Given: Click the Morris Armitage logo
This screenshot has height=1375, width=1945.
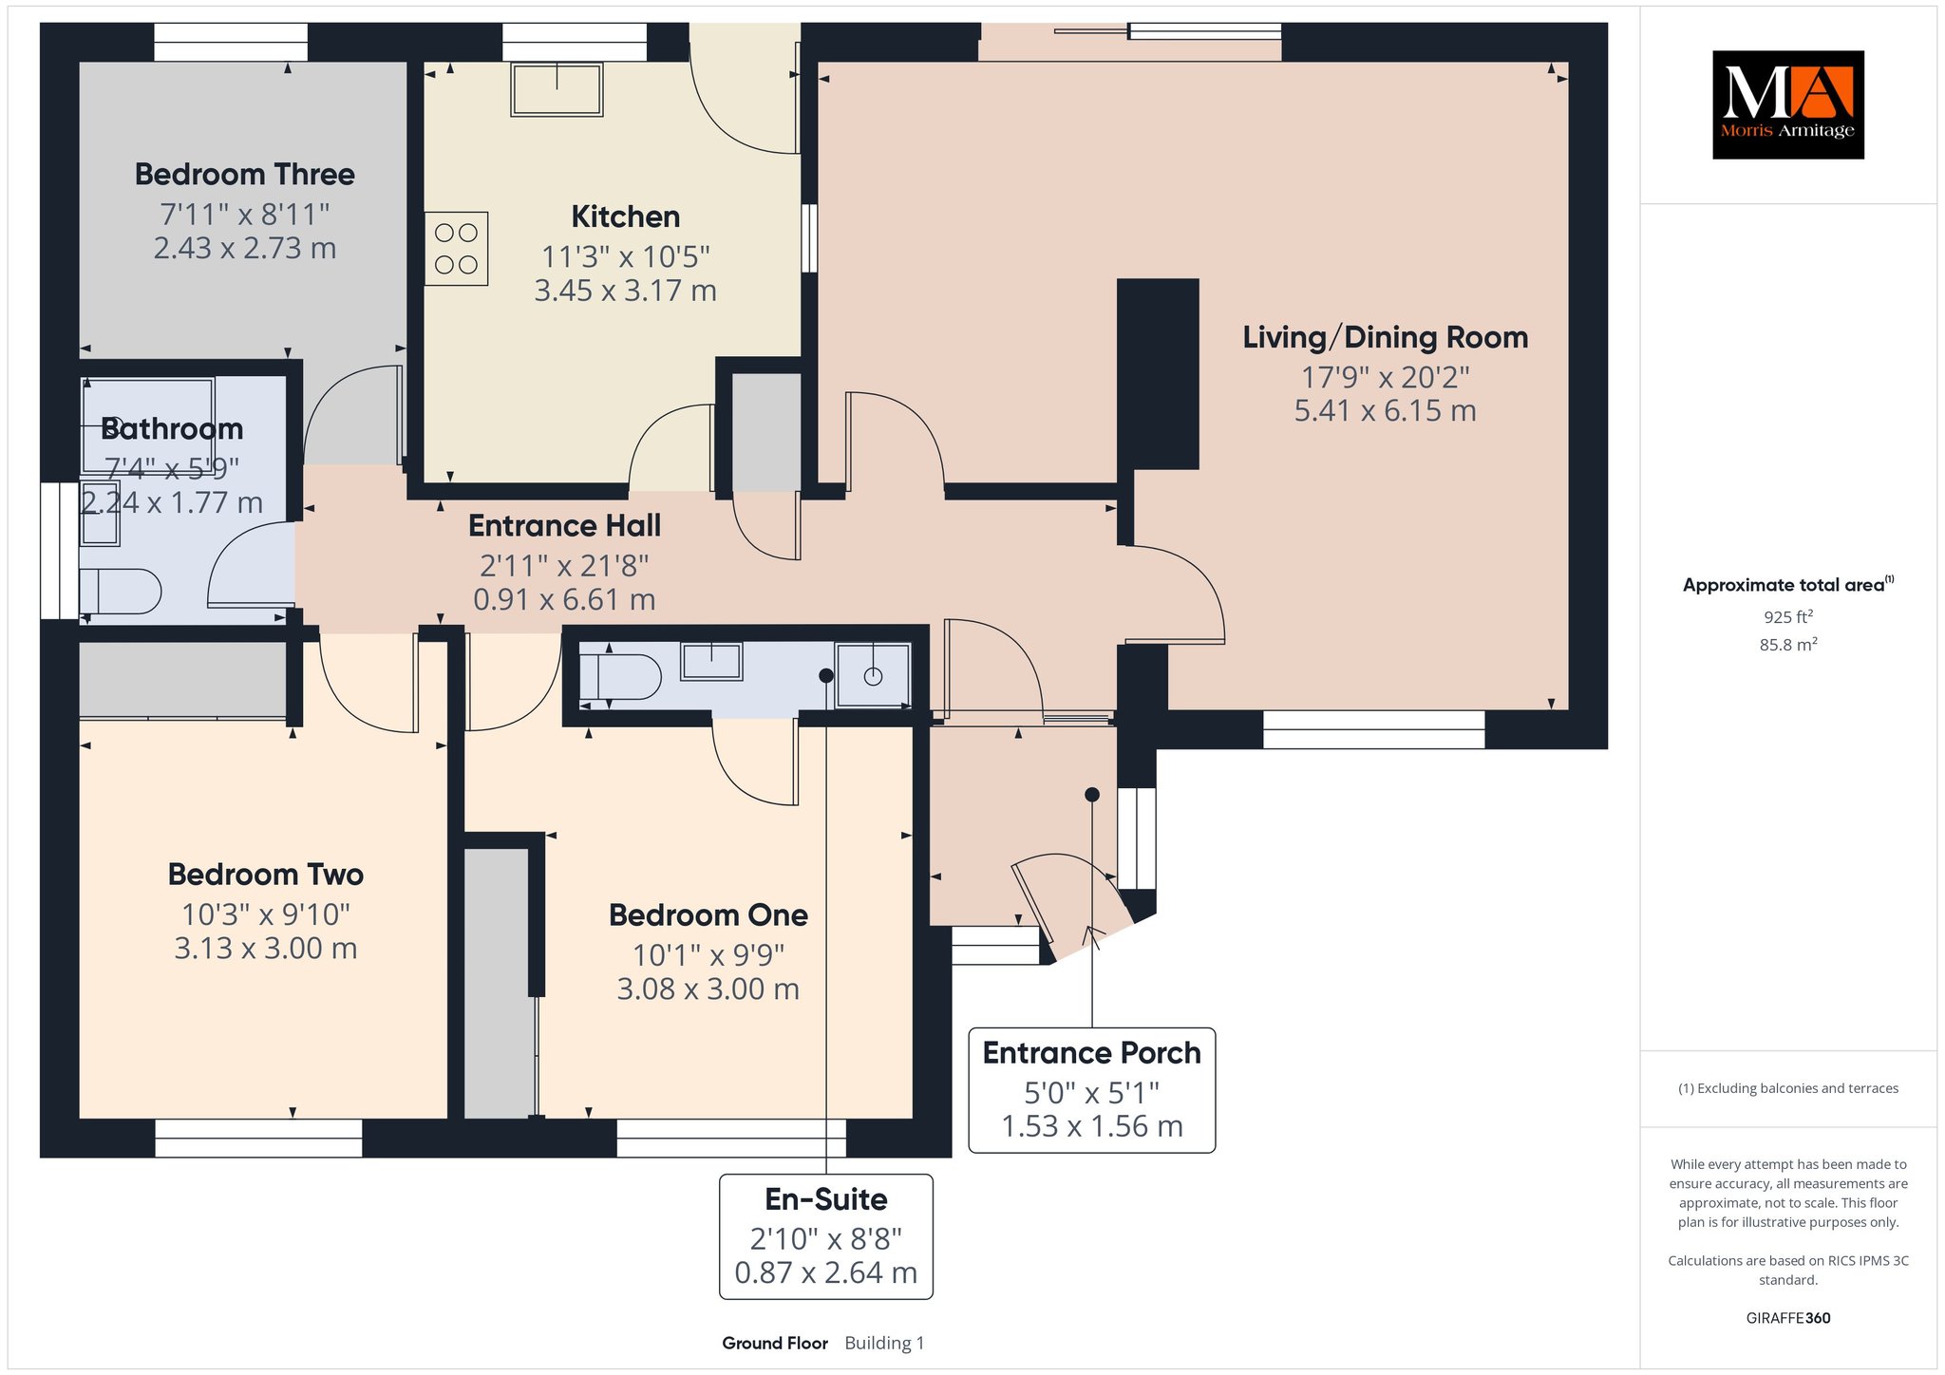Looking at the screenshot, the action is pos(1787,104).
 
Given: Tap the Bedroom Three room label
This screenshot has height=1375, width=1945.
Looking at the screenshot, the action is pos(245,175).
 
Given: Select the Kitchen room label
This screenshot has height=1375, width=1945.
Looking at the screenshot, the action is pos(626,217).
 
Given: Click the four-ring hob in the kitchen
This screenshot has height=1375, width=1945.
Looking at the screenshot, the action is pos(456,249).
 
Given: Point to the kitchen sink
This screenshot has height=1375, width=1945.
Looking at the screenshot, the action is pos(557,89).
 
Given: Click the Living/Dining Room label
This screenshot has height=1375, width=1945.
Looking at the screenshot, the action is pos(1386,338).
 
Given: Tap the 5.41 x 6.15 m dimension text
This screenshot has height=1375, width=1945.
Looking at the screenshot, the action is pos(1386,411).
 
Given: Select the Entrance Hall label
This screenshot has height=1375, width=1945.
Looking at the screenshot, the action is pos(565,526).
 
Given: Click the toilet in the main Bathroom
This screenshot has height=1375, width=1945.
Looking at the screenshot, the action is pos(120,592).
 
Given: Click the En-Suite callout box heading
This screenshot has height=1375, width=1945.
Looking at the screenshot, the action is pos(826,1199).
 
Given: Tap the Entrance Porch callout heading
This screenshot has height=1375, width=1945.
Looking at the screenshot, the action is pos(1092,1053).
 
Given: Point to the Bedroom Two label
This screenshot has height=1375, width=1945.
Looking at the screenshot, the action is pos(266,875).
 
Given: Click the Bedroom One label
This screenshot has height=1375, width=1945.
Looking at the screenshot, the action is pos(708,915).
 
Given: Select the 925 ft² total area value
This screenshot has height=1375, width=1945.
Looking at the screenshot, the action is pos(1788,617).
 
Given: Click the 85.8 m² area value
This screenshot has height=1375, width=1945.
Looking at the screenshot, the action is pos(1788,645).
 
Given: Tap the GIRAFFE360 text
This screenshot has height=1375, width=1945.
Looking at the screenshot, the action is pos(1788,1318).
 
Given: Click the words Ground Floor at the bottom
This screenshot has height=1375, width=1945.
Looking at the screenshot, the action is pos(775,1343).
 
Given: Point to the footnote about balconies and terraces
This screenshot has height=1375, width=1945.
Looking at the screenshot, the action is pos(1788,1088).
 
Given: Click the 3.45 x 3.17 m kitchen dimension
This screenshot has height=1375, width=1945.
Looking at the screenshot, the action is pos(626,291).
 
